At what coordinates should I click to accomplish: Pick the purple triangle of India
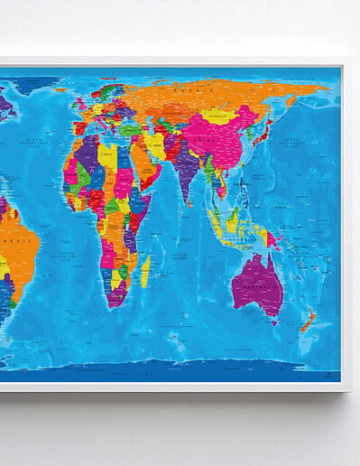pos(190,176)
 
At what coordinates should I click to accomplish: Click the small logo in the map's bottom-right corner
pos(334,370)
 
